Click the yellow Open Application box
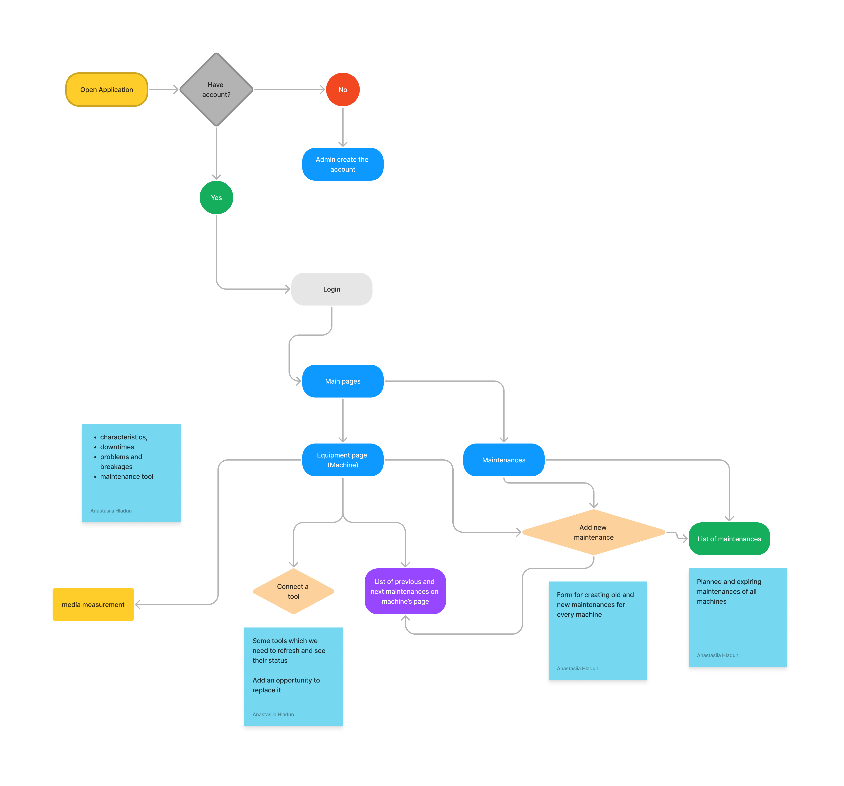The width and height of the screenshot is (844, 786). coord(107,90)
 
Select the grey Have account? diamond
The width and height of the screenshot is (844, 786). coord(216,90)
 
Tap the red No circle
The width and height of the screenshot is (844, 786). coord(343,90)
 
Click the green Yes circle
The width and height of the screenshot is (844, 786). coord(216,198)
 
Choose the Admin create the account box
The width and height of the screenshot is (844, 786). coord(343,164)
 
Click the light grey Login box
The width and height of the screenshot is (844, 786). coord(332,289)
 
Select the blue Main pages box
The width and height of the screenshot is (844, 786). coord(343,381)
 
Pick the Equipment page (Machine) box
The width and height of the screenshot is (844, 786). coord(343,460)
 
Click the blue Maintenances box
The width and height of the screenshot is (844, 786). coord(504,460)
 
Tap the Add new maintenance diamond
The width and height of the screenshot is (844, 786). coord(593,532)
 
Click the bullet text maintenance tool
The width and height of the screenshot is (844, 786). coord(126,477)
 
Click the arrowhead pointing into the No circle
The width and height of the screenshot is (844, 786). coord(322,90)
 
